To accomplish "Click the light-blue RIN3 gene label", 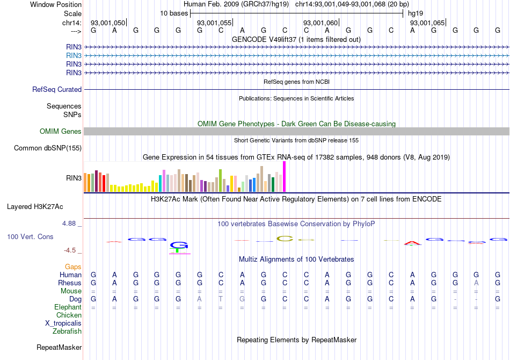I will [74, 55].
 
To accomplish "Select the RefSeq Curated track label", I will [57, 90].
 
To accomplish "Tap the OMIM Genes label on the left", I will [61, 132].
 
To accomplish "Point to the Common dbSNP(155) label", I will [48, 148].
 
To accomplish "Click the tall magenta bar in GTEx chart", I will [284, 176].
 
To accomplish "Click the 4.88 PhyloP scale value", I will [70, 224].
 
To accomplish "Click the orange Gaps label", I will [73, 267].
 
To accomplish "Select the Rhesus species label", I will [70, 283].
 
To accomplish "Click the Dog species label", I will [75, 299].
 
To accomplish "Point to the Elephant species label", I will [68, 307].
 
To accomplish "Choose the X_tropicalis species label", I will [63, 323].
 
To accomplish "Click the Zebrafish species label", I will [67, 332].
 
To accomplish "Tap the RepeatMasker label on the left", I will [59, 348].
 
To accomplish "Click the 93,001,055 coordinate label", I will [214, 23].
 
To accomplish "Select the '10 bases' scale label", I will [173, 13].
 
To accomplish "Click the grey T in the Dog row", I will [221, 299].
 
